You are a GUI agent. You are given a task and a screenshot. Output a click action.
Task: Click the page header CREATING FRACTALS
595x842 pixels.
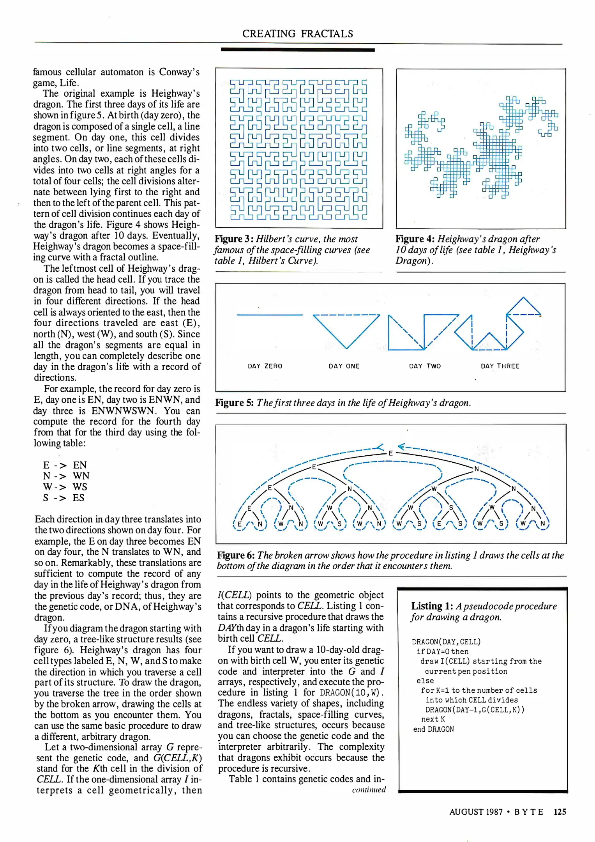(x=297, y=34)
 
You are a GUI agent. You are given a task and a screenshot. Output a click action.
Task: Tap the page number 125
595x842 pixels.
(x=560, y=812)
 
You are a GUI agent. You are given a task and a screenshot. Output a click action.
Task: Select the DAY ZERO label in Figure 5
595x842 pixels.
(x=265, y=366)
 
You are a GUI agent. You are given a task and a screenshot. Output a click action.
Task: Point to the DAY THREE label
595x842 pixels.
(x=500, y=366)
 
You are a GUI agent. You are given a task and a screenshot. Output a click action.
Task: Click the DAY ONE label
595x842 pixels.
(x=344, y=366)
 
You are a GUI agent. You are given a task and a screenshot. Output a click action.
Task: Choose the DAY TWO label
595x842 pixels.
(x=425, y=366)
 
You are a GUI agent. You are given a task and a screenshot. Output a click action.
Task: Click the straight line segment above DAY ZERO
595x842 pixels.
(x=269, y=315)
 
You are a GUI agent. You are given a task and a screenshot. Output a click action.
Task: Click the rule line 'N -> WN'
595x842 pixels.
(x=66, y=476)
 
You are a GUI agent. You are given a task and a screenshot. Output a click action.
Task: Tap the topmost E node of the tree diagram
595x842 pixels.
(x=390, y=453)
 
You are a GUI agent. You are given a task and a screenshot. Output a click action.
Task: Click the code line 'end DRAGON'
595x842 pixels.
(x=433, y=729)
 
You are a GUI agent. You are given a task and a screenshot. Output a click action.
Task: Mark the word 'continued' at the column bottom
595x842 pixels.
(x=369, y=789)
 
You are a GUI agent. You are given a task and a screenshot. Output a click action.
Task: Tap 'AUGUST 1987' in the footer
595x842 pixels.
(x=476, y=812)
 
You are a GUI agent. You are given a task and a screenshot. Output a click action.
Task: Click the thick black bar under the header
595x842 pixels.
(x=297, y=50)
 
